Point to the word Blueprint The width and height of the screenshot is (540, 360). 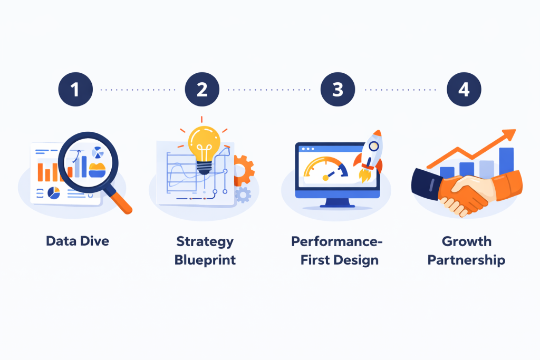coord(205,260)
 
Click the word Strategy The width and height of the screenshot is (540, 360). coord(205,242)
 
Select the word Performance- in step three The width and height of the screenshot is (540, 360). coord(337,242)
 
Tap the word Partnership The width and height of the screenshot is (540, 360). coord(466,260)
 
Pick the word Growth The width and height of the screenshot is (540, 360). coord(466,242)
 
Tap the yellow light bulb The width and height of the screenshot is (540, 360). coord(204,143)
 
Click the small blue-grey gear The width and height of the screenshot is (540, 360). coord(243,194)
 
